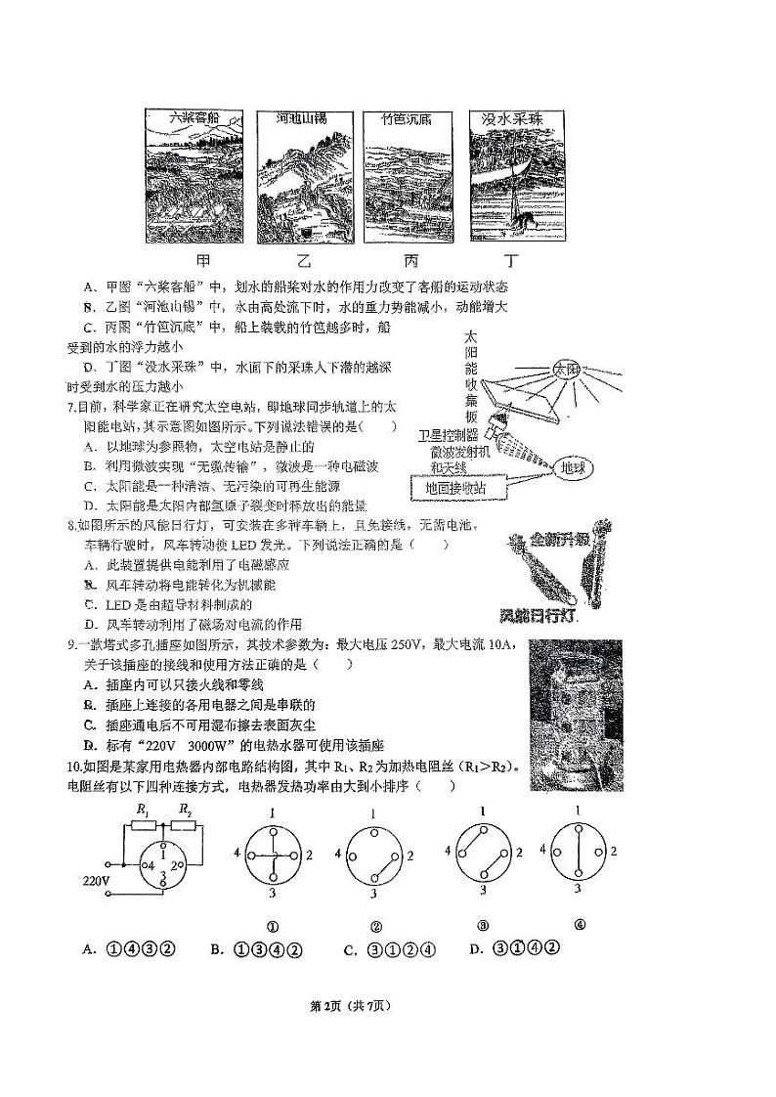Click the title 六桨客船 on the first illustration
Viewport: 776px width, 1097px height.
click(193, 118)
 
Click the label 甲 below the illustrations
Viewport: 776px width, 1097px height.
click(202, 261)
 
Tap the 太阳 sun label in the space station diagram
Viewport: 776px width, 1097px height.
click(566, 371)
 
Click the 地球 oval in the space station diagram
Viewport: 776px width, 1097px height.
click(566, 468)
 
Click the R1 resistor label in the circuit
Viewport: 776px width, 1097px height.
click(143, 811)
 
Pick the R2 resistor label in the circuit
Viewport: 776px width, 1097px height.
click(186, 811)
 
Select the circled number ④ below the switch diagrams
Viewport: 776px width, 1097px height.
click(580, 925)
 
